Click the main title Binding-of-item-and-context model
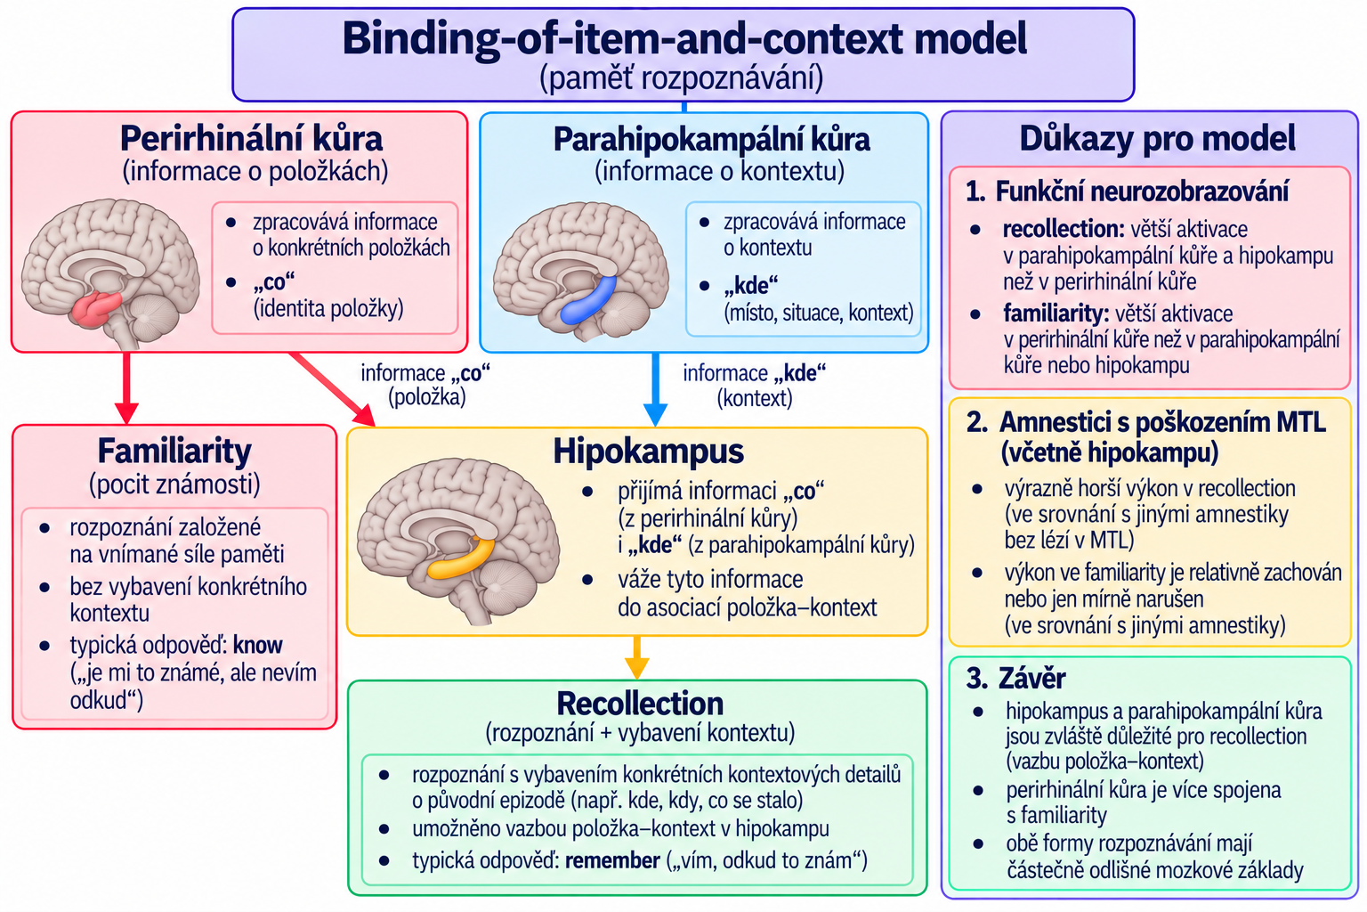coord(684,38)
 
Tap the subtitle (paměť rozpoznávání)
coord(681,78)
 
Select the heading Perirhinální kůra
coord(252,139)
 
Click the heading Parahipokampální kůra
coord(712,139)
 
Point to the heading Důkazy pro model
coord(1158,139)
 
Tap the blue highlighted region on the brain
coord(588,300)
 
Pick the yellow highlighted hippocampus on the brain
coord(461,559)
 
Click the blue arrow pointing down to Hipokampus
coord(655,389)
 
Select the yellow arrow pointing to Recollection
coord(636,657)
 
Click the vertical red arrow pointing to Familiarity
coord(126,388)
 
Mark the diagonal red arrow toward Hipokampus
coord(333,389)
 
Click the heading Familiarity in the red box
coord(174,452)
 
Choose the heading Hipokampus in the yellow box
coord(648,452)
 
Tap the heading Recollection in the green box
coord(640,703)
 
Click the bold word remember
coord(612,860)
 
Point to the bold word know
coord(257,645)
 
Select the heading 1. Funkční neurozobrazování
coord(1127,191)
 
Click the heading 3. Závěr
coord(1015,678)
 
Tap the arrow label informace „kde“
coord(755,372)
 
